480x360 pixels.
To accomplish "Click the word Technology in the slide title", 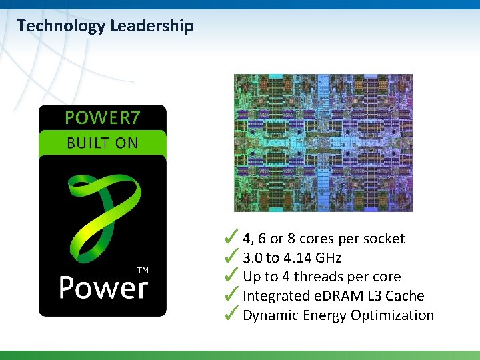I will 61,27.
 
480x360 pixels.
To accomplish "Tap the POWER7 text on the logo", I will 103,118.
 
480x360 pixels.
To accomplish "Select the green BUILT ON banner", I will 103,143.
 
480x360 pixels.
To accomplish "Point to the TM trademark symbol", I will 143,269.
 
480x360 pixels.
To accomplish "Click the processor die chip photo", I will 323,143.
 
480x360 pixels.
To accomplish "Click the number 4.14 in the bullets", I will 295,258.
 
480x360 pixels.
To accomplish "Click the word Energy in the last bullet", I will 323,315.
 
